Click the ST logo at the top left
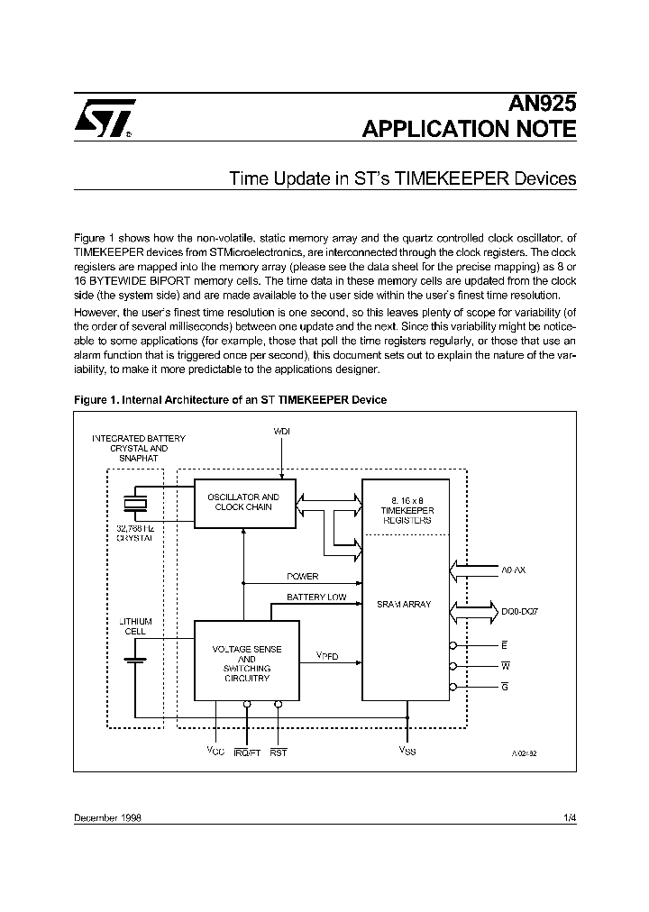coord(104,118)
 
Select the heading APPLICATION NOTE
coord(469,129)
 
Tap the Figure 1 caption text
coord(230,399)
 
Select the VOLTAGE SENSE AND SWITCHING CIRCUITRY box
coord(247,663)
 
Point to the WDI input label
coord(282,432)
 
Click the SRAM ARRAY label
coord(404,605)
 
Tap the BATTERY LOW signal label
coord(316,597)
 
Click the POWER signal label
coord(303,576)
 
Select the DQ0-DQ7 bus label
coord(520,612)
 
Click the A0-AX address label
coord(513,570)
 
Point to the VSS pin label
coord(407,751)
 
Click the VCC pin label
coord(215,751)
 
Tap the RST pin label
coord(278,752)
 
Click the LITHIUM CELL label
coord(136,626)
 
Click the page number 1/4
coord(569,817)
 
